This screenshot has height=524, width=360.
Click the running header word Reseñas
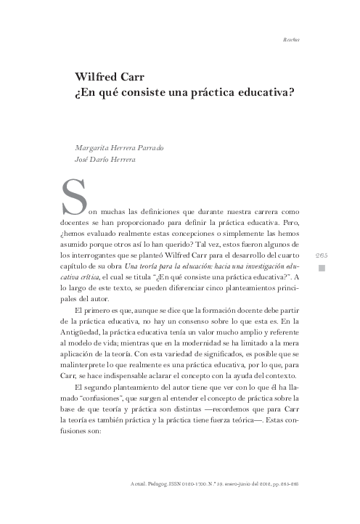[x=292, y=38]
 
